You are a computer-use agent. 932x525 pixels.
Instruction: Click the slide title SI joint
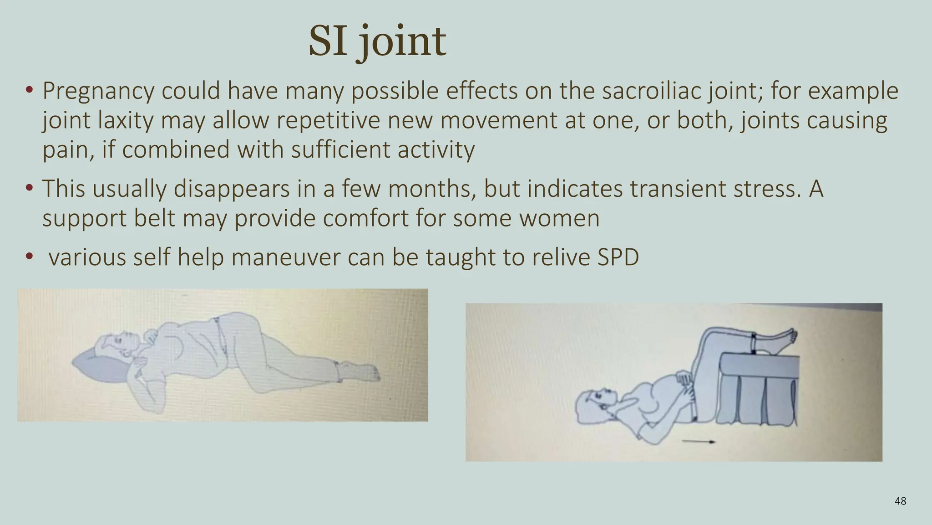(377, 42)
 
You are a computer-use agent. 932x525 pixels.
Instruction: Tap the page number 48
(900, 501)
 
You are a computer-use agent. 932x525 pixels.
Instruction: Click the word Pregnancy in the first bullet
(98, 91)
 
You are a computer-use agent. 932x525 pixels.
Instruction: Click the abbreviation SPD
(618, 257)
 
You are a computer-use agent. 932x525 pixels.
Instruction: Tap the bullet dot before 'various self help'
(30, 257)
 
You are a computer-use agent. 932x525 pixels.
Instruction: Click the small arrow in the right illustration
(699, 441)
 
